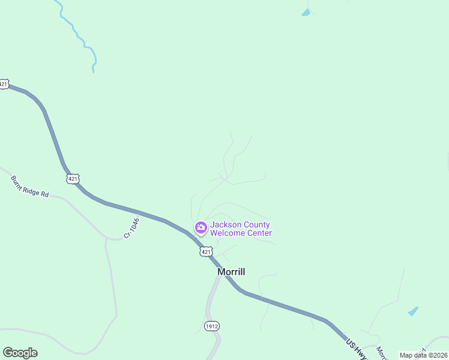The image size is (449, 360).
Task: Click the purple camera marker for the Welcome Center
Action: point(200,228)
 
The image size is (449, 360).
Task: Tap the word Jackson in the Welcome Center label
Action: point(224,225)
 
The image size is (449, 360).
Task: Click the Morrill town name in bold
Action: point(231,272)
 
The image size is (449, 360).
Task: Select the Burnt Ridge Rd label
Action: point(29,187)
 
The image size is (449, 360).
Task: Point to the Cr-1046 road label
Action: point(131,229)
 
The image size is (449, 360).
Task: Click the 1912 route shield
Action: point(211,326)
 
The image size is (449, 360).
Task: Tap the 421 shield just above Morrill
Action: point(206,252)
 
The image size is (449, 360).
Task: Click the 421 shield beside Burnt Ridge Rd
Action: point(73,179)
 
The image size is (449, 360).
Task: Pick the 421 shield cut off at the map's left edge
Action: point(4,85)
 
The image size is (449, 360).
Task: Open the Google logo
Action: point(20,353)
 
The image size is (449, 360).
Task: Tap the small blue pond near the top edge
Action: point(306,13)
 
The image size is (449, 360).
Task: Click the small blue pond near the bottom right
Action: point(413,311)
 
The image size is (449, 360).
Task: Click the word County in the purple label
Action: point(255,225)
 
